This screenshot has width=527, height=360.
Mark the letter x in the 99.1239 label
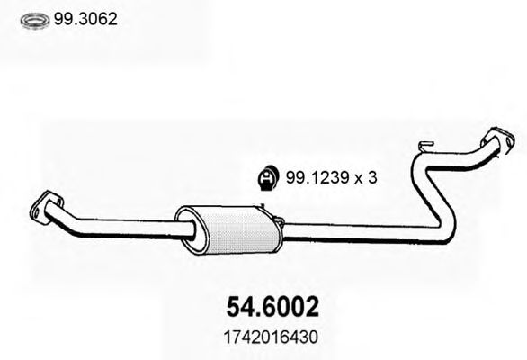355,179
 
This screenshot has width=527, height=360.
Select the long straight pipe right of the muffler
351,233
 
